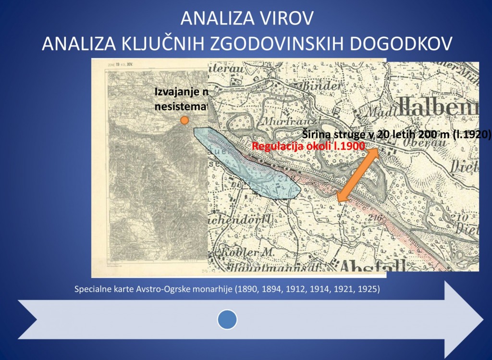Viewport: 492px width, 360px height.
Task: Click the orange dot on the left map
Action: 184,120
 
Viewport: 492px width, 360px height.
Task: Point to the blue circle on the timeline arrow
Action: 227,320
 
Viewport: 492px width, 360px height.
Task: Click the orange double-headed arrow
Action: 357,175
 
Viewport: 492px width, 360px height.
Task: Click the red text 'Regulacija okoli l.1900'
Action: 308,146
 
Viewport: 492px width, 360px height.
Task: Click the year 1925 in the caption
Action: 366,289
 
